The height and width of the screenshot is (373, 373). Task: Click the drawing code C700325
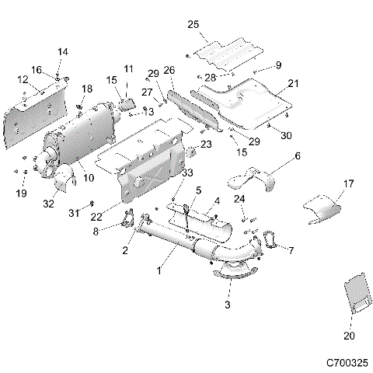[x=347, y=362]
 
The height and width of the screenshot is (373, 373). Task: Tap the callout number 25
[x=193, y=25]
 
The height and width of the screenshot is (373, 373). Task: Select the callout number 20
[x=347, y=336]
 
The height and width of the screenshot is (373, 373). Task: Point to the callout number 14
[x=63, y=52]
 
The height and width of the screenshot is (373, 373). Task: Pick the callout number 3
[x=228, y=305]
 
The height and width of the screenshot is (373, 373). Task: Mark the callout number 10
[x=88, y=178]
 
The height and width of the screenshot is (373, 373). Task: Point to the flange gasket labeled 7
[x=270, y=239]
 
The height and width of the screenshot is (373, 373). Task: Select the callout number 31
[x=72, y=213]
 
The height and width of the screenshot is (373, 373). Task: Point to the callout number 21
[x=292, y=83]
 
